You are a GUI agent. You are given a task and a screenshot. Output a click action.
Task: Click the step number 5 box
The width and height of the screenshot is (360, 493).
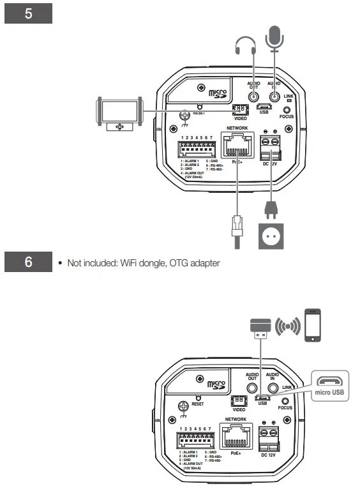pyautogui.click(x=27, y=13)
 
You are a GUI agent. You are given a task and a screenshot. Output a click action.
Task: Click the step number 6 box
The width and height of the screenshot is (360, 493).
pyautogui.click(x=27, y=263)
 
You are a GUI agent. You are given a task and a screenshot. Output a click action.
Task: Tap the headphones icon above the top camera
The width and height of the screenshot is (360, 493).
pyautogui.click(x=245, y=45)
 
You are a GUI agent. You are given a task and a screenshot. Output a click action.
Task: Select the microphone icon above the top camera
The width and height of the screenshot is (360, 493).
pyautogui.click(x=274, y=38)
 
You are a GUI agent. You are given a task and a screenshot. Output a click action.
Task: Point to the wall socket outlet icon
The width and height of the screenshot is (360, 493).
pyautogui.click(x=271, y=236)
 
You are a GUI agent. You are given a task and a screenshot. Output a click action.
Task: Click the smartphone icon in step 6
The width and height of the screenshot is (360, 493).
pyautogui.click(x=312, y=326)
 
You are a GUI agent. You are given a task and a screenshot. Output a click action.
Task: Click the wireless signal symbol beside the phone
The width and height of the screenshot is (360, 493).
pyautogui.click(x=287, y=326)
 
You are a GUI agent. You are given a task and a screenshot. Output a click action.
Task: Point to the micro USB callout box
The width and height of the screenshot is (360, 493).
pyautogui.click(x=329, y=386)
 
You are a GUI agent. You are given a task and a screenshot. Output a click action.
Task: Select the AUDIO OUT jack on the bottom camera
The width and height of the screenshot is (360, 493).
pyautogui.click(x=252, y=387)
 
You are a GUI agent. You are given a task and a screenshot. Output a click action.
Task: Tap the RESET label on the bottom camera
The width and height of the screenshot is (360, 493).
pyautogui.click(x=198, y=404)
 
